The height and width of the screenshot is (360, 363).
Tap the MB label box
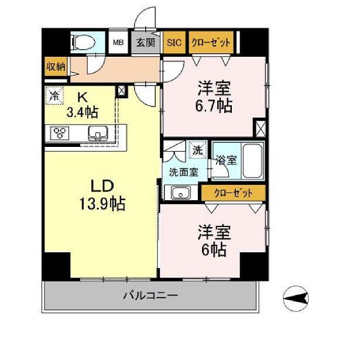118,42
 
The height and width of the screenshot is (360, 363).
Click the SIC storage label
174,42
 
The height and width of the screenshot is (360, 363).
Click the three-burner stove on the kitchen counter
61,132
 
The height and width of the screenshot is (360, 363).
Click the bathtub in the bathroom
252,160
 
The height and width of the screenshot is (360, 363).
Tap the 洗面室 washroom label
183,172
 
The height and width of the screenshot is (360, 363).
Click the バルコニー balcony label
150,296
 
